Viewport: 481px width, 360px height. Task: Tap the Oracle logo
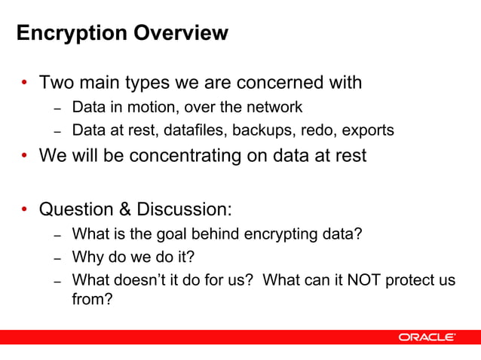tap(427, 337)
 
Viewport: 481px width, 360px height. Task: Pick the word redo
tap(314, 130)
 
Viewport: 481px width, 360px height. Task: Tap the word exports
tap(368, 130)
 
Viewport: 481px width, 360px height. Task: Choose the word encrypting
tap(282, 234)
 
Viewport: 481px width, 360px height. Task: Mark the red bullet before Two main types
tap(25, 82)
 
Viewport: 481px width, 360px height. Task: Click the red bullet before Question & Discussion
tap(25, 209)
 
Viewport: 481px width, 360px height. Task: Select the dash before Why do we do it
tap(57, 258)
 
